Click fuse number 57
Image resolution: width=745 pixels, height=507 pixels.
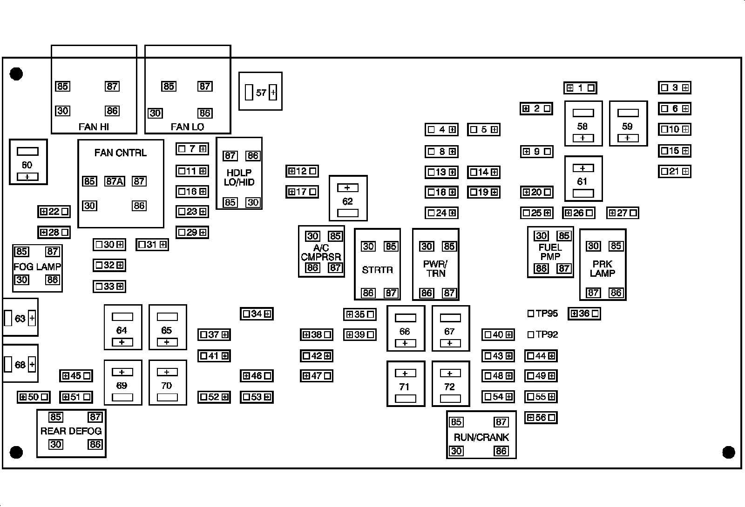(261, 92)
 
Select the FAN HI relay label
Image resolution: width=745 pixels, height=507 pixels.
(94, 127)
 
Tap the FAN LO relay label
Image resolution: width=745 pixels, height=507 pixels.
(187, 127)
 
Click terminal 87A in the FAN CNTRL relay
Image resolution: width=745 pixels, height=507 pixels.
(115, 181)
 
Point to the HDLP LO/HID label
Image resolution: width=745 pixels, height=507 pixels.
(239, 178)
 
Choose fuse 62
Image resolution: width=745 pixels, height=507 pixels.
(348, 201)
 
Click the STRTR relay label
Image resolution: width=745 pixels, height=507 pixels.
(377, 270)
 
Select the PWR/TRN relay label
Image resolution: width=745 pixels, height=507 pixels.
(435, 269)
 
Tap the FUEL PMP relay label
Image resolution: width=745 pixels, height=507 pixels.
(550, 252)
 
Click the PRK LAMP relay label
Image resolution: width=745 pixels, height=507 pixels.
(603, 268)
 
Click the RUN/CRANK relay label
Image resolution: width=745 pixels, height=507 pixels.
(481, 437)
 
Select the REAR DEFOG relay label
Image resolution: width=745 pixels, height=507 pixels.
(71, 431)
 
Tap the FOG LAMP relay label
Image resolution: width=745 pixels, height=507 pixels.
(37, 267)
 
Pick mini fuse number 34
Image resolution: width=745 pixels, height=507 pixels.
(257, 314)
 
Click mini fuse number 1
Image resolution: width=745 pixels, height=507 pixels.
(580, 88)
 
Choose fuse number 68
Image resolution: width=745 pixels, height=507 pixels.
(20, 364)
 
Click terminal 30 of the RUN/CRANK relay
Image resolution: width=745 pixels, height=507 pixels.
(456, 451)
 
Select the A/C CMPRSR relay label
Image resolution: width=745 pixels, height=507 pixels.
(321, 253)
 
